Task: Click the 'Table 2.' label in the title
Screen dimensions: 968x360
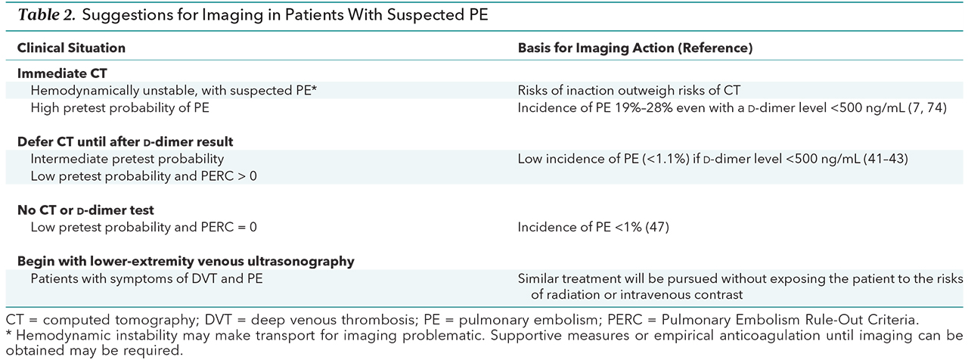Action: pyautogui.click(x=47, y=15)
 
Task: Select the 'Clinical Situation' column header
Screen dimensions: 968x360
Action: pyautogui.click(x=71, y=48)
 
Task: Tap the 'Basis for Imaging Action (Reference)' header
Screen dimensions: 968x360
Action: pyautogui.click(x=635, y=48)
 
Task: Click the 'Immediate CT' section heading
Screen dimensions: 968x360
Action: pyautogui.click(x=62, y=73)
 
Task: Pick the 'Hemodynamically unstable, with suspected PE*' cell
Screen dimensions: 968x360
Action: pyautogui.click(x=174, y=90)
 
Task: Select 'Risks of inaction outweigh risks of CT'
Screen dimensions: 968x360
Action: pyautogui.click(x=628, y=90)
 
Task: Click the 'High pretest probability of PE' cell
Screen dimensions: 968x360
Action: pyautogui.click(x=119, y=107)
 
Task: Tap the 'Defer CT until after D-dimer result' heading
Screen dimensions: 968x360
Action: pyautogui.click(x=125, y=141)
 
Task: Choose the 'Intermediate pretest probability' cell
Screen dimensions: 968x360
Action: pyautogui.click(x=127, y=159)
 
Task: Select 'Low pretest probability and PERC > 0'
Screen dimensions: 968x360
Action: pyautogui.click(x=144, y=176)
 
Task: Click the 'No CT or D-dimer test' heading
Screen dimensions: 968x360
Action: pyautogui.click(x=85, y=210)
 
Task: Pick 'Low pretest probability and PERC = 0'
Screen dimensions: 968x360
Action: pyautogui.click(x=144, y=228)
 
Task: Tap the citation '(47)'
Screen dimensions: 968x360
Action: pyautogui.click(x=657, y=228)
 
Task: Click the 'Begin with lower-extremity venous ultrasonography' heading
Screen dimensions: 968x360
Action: pyautogui.click(x=186, y=262)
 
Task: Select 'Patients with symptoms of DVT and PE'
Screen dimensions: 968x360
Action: pyautogui.click(x=147, y=278)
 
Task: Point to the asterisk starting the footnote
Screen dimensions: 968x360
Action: pyautogui.click(x=9, y=334)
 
